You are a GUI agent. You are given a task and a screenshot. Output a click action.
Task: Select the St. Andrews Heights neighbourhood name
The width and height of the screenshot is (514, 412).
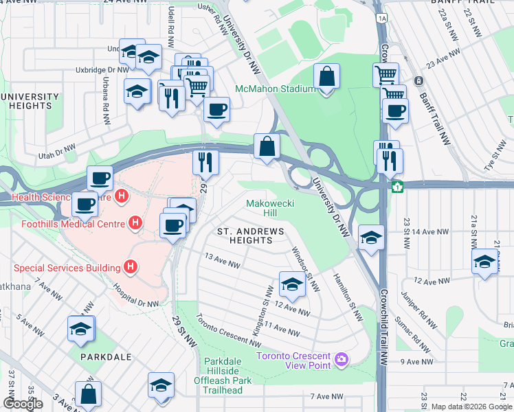pyautogui.click(x=250, y=237)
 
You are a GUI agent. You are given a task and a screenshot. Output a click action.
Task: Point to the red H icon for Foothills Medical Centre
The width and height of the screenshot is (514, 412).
pyautogui.click(x=135, y=223)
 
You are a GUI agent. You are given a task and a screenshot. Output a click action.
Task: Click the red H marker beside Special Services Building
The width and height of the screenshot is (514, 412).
pyautogui.click(x=130, y=267)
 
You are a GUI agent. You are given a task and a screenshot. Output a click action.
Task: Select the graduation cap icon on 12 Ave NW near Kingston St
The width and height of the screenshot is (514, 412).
pyautogui.click(x=292, y=284)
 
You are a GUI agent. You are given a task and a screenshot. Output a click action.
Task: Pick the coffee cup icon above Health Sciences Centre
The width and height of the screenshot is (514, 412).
pyautogui.click(x=100, y=179)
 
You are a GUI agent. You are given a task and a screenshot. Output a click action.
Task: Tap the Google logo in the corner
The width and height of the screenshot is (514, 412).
pyautogui.click(x=24, y=404)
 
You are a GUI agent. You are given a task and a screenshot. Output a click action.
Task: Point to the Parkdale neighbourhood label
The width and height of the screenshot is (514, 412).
pyautogui.click(x=103, y=358)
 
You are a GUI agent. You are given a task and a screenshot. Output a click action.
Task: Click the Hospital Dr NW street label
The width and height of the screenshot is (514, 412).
pyautogui.click(x=135, y=295)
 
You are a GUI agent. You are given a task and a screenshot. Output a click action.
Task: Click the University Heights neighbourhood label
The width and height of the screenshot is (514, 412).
pyautogui.click(x=30, y=101)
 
